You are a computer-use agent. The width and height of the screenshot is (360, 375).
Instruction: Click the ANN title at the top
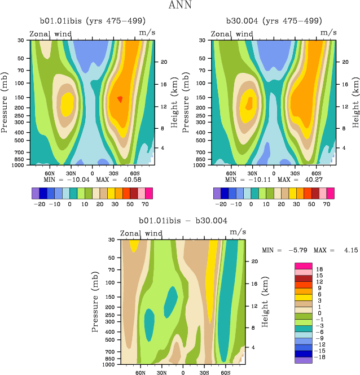(x=180, y=6)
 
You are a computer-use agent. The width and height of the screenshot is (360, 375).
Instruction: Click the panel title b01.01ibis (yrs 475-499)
(x=90, y=21)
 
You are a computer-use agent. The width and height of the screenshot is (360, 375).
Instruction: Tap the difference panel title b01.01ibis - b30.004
(x=183, y=220)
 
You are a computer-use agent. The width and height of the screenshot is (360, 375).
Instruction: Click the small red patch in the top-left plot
(x=120, y=99)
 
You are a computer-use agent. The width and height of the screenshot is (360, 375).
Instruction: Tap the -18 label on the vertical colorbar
(x=321, y=357)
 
